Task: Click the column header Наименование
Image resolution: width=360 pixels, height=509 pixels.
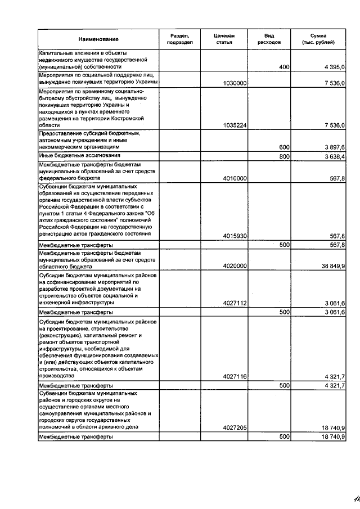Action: [98, 39]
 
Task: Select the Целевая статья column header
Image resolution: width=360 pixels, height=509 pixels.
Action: [224, 39]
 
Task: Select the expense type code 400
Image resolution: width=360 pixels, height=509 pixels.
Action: [284, 67]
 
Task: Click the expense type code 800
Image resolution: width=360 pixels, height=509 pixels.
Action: [284, 156]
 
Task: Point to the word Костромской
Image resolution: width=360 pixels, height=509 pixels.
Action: [129, 119]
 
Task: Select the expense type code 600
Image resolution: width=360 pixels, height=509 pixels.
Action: [284, 147]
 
